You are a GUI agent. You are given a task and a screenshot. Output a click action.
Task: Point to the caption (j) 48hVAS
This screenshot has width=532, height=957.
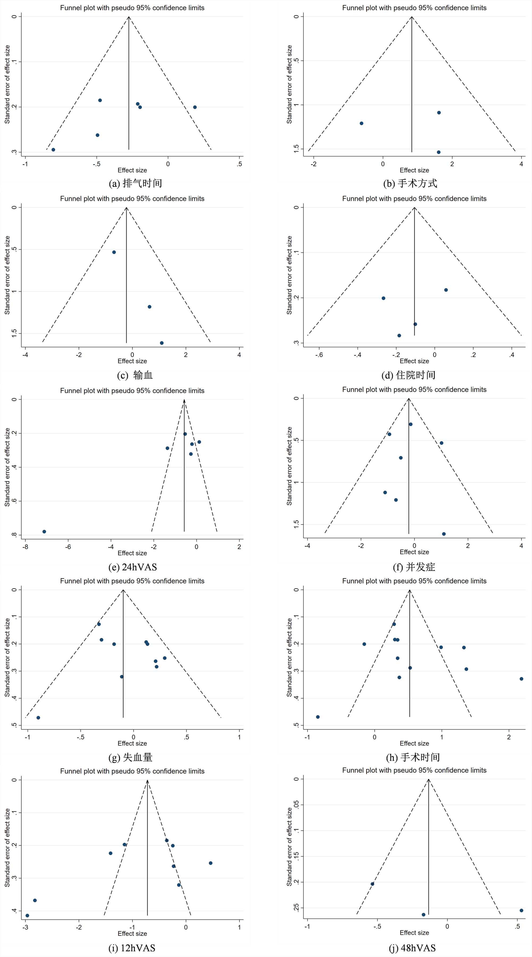pyautogui.click(x=412, y=948)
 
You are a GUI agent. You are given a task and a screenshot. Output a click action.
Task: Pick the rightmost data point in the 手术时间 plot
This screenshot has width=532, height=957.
pyautogui.click(x=521, y=679)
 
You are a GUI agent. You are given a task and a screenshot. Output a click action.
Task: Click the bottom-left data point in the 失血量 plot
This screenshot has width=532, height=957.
pyautogui.click(x=38, y=718)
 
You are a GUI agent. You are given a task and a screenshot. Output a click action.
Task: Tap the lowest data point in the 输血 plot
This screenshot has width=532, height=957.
pyautogui.click(x=162, y=343)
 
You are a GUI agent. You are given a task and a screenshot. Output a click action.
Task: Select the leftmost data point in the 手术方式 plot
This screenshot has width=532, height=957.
pyautogui.click(x=361, y=123)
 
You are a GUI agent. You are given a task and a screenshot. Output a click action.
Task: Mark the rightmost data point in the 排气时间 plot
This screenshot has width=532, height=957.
pyautogui.click(x=195, y=107)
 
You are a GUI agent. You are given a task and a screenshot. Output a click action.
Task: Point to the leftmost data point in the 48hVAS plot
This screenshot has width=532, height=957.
pyautogui.click(x=372, y=884)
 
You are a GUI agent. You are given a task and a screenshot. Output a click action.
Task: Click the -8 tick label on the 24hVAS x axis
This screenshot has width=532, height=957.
pyautogui.click(x=25, y=547)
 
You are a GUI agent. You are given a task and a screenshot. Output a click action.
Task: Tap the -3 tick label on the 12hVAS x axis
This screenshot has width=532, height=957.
pyautogui.click(x=25, y=927)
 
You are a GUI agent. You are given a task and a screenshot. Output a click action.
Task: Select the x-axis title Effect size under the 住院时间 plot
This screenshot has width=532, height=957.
pyautogui.click(x=414, y=361)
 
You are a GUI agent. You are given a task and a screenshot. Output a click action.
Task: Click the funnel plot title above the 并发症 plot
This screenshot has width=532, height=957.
pyautogui.click(x=414, y=389)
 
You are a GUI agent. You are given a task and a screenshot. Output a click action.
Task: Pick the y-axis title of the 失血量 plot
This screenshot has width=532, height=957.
pyautogui.click(x=7, y=658)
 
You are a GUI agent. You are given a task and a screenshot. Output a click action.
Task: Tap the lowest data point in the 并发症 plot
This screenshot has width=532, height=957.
pyautogui.click(x=444, y=534)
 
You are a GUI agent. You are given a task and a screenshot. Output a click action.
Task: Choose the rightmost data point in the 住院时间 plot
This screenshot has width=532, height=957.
pyautogui.click(x=446, y=290)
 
